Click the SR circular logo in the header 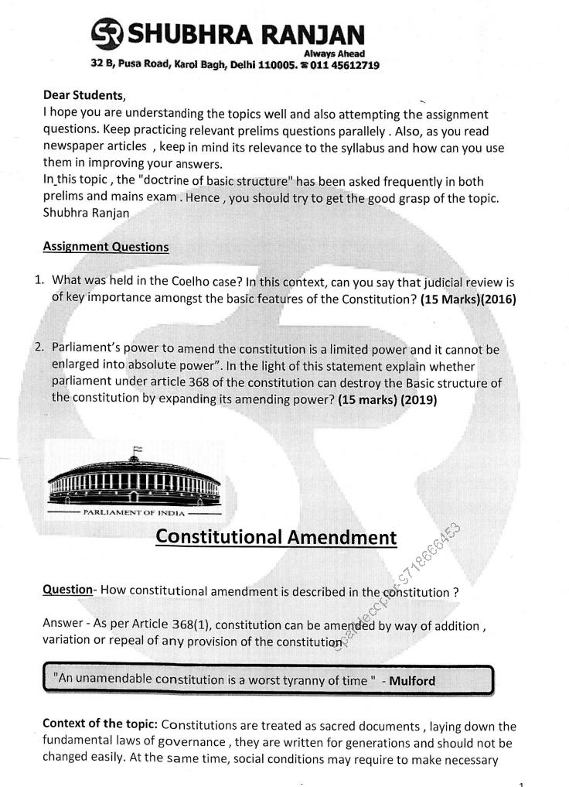coord(106,36)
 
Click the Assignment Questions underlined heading coord(106,247)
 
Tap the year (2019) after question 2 coord(414,401)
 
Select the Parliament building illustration coord(133,481)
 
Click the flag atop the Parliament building coord(137,450)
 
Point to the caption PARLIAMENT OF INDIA coord(134,513)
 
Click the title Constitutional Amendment coord(276,537)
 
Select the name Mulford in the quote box coord(412,681)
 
